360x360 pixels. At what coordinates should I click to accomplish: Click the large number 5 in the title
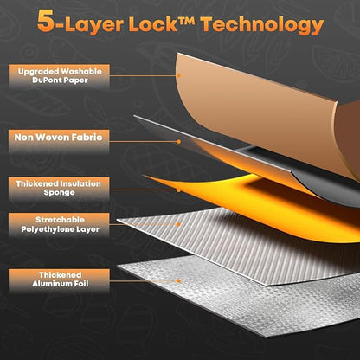[46, 22]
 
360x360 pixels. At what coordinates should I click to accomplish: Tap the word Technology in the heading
[262, 25]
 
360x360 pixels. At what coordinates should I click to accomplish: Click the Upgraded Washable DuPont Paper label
[60, 76]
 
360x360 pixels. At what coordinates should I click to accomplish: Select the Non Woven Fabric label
[59, 141]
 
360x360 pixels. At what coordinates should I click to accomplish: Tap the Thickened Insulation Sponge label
[59, 189]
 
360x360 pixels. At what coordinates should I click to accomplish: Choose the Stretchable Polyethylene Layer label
[59, 224]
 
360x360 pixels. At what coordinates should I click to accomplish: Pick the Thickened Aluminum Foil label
[59, 280]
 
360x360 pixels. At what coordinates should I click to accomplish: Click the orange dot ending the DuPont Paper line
[178, 75]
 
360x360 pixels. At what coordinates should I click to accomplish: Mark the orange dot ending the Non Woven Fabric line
[178, 142]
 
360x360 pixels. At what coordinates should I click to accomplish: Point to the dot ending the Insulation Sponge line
[178, 190]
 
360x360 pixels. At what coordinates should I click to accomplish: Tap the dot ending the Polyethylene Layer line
[178, 224]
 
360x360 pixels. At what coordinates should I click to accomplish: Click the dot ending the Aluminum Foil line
[178, 280]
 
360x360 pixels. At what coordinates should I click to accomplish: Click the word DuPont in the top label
[47, 80]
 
